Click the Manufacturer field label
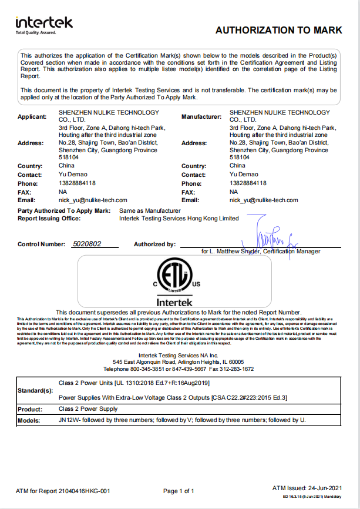[201, 116]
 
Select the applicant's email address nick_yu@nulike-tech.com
[93, 200]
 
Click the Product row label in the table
[30, 409]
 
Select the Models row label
[29, 421]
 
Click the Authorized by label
[154, 244]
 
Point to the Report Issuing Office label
[49, 218]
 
